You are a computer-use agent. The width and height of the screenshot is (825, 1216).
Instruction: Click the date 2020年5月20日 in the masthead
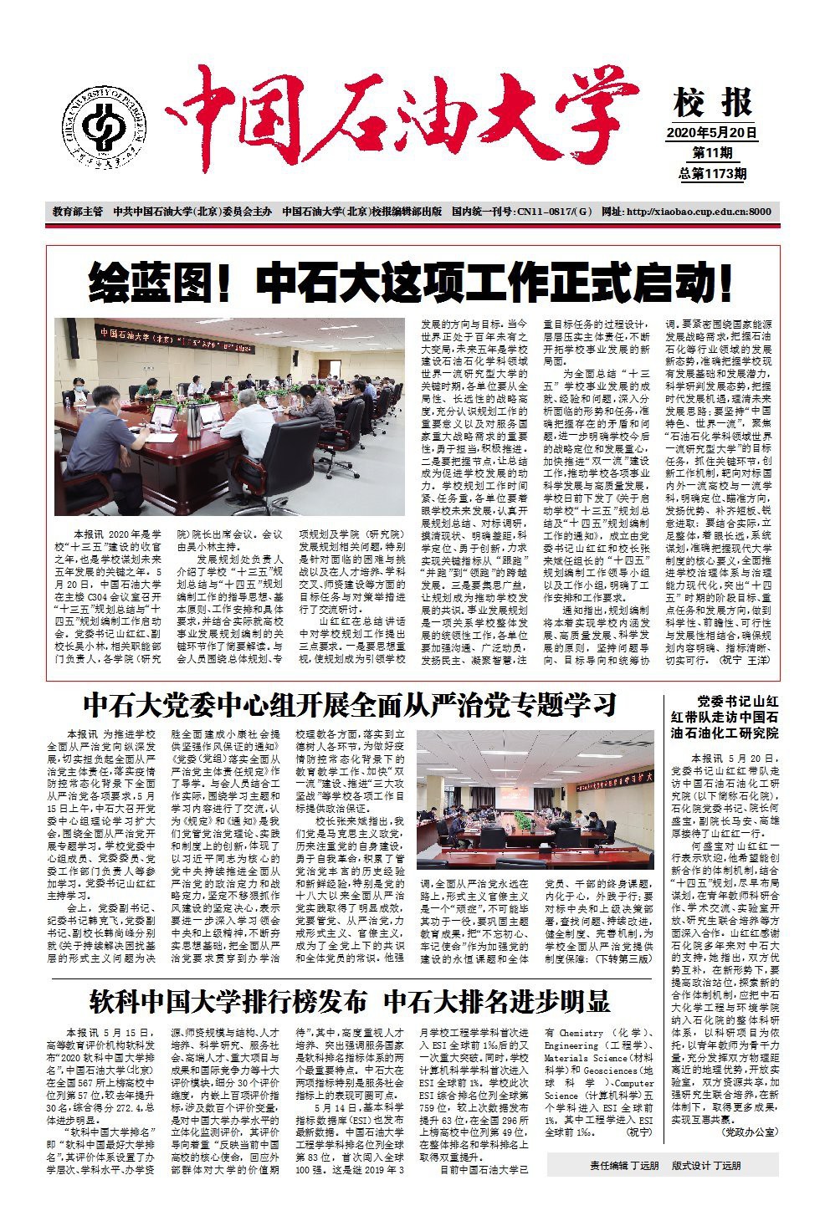tap(712, 132)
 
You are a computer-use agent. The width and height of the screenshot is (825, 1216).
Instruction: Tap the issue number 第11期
tap(712, 153)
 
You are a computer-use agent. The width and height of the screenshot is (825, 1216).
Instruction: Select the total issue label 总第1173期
tap(712, 173)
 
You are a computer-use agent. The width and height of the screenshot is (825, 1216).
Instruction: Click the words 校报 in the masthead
tap(712, 105)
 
